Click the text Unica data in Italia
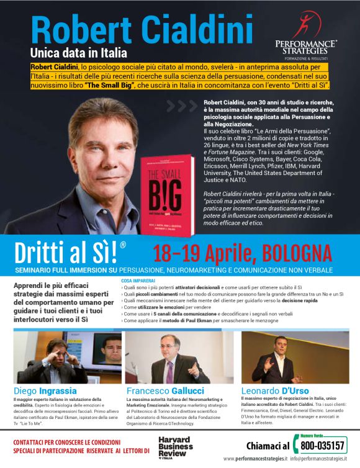coord(79,54)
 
